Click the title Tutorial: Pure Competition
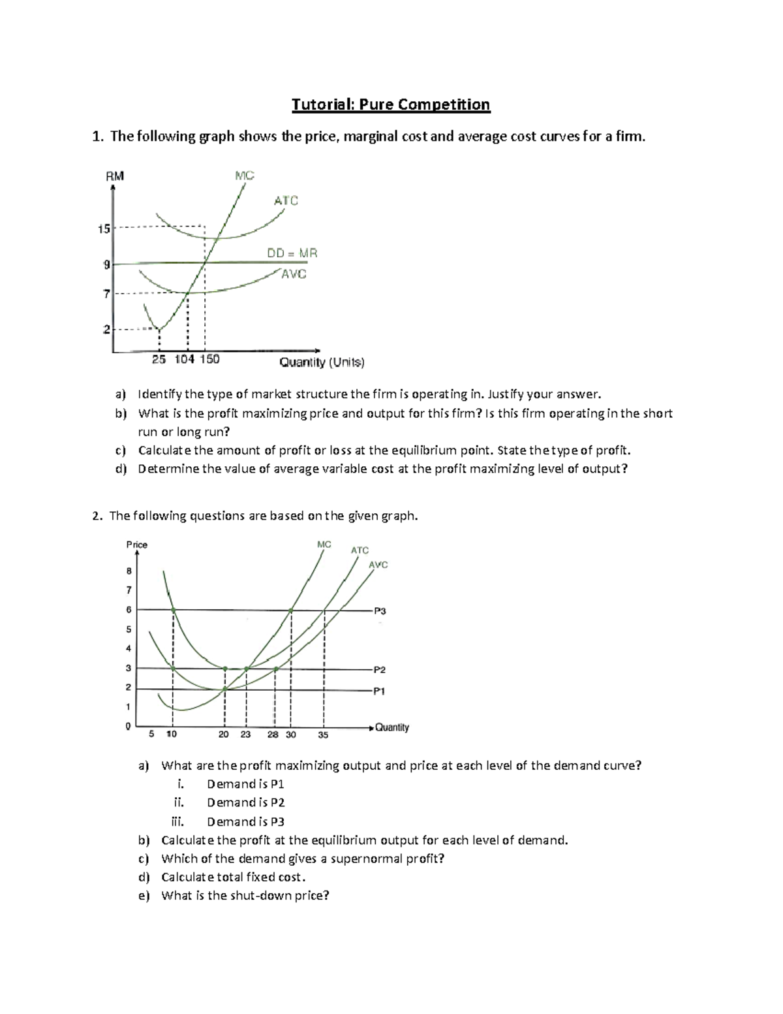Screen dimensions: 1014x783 [390, 104]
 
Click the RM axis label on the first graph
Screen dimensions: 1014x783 [115, 176]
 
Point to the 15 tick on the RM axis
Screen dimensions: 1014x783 [104, 229]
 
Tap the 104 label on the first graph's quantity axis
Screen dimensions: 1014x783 [184, 360]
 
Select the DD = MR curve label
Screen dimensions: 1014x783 [292, 253]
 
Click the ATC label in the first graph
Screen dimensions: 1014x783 [286, 200]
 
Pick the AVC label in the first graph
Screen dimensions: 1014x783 [294, 275]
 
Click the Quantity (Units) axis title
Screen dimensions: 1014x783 [322, 362]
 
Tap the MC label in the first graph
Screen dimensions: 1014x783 [244, 175]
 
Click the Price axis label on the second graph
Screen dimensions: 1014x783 [136, 545]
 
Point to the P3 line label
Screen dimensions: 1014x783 [380, 611]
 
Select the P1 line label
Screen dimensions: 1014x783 [379, 691]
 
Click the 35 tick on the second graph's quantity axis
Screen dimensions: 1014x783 [323, 735]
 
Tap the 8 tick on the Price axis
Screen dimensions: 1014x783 [129, 571]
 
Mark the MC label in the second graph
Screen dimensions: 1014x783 [324, 544]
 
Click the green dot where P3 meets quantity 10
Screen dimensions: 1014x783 [174, 610]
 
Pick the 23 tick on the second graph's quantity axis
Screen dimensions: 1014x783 [245, 735]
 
